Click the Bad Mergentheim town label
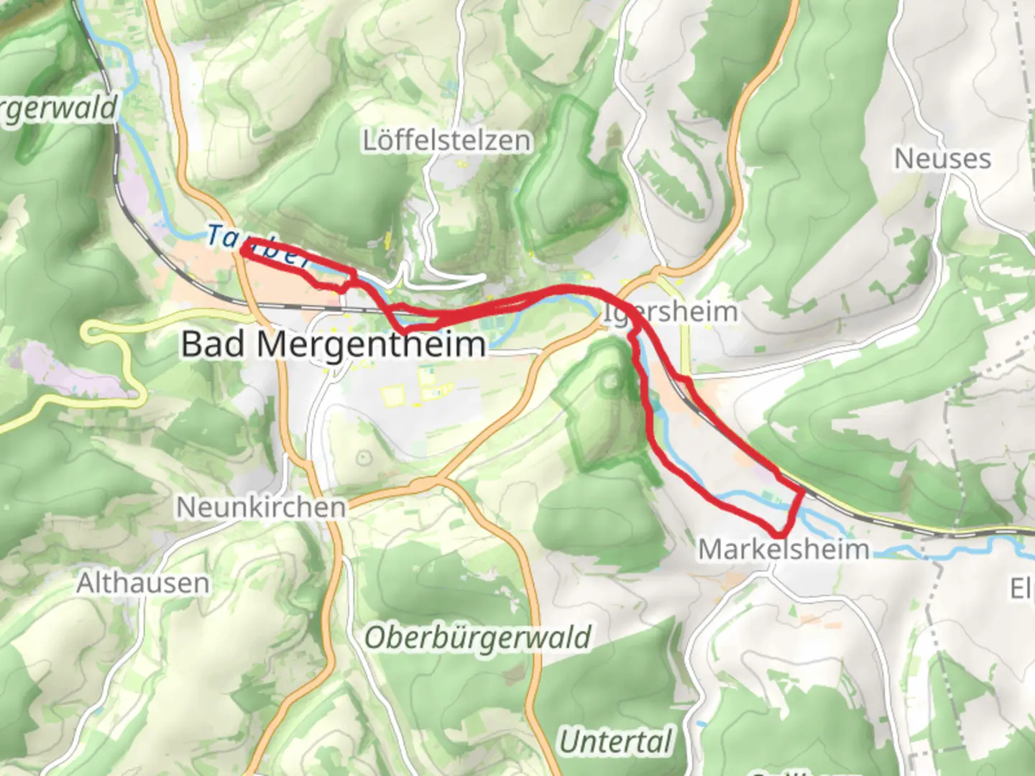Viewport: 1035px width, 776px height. (333, 344)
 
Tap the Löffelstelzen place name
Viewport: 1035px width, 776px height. (447, 140)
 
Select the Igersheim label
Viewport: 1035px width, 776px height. (671, 312)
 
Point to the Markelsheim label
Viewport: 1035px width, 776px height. (783, 550)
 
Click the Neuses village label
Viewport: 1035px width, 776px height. (942, 159)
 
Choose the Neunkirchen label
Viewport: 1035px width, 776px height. (261, 507)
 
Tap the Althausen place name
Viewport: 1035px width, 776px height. (143, 583)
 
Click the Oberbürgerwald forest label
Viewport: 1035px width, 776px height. (478, 637)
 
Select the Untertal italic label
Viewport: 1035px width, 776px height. (616, 742)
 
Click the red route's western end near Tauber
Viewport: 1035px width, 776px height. (244, 249)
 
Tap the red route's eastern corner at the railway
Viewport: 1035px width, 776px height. (802, 491)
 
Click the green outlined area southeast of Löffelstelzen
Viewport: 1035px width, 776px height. (571, 180)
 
